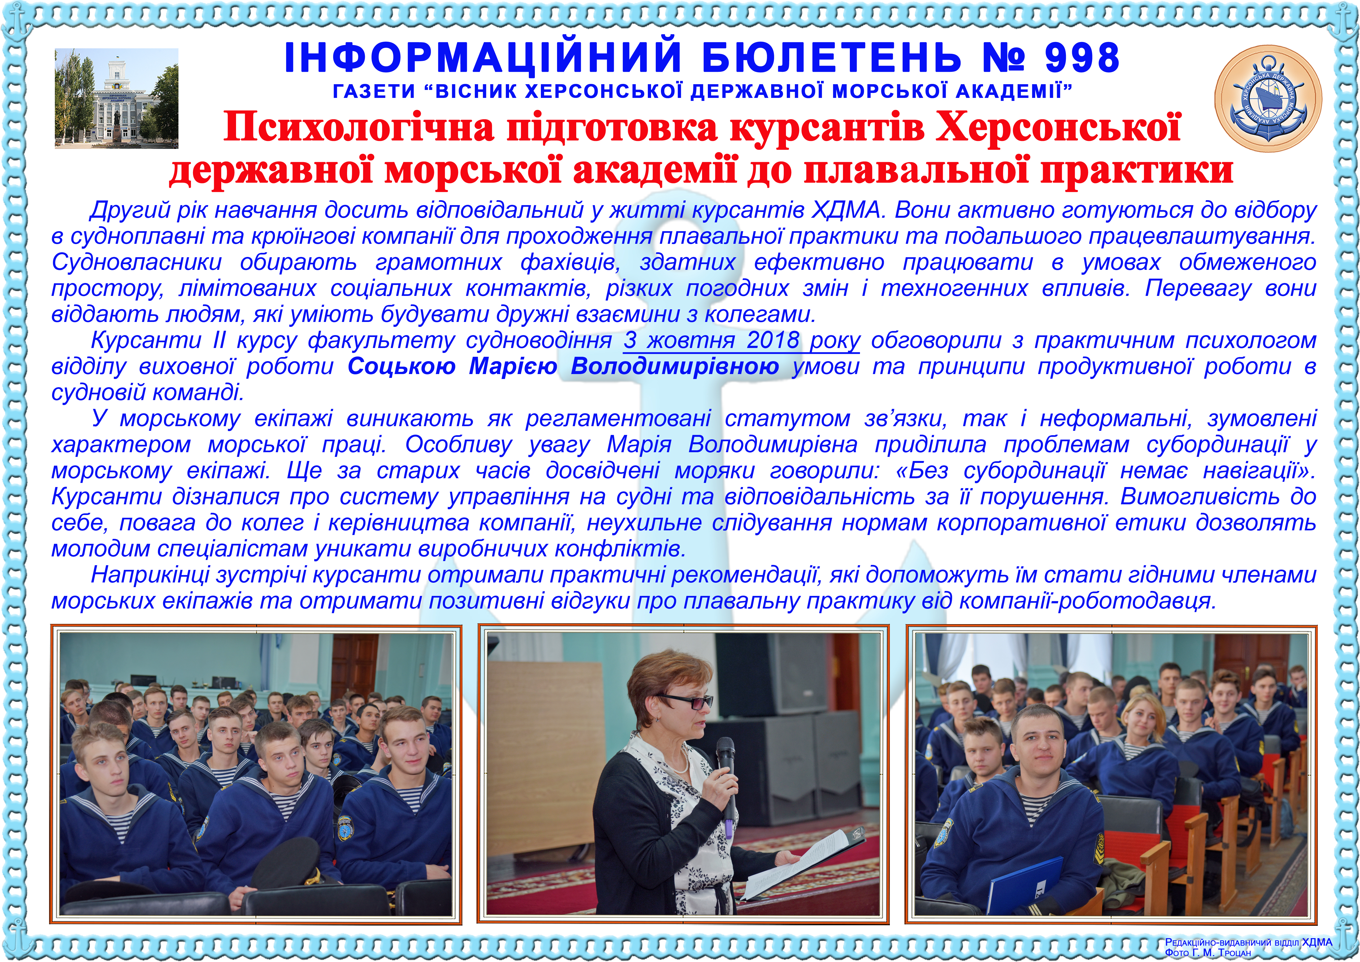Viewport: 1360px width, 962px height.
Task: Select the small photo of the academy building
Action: [x=117, y=98]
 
